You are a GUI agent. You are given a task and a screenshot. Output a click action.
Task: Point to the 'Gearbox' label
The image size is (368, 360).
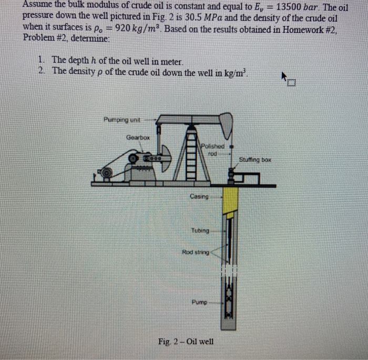[138, 137]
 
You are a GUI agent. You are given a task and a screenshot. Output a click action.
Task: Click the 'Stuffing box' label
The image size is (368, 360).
[254, 158]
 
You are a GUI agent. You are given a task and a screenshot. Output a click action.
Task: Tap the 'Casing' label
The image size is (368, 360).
[199, 196]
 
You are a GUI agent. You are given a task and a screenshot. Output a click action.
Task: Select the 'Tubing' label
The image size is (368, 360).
[200, 231]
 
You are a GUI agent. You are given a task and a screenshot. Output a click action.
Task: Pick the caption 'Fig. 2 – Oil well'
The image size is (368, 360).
[186, 341]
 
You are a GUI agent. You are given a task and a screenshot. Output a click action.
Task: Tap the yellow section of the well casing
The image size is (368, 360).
[231, 201]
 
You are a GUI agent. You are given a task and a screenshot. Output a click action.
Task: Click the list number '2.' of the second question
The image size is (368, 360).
[41, 71]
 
